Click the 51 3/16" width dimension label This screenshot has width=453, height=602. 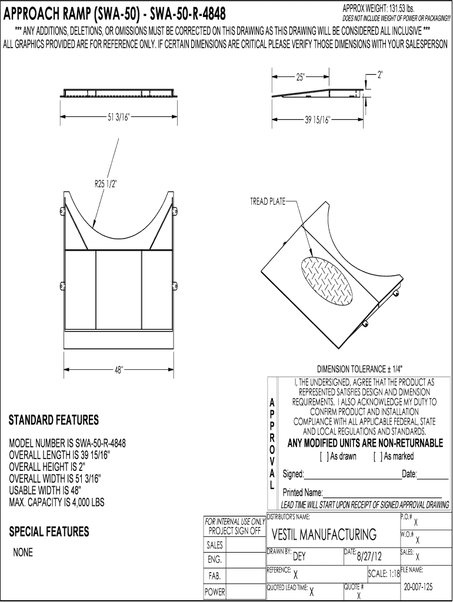coord(118,116)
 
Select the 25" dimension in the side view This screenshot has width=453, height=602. coord(301,77)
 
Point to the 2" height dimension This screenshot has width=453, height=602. coord(380,75)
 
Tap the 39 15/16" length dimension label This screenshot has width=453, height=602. coord(318,120)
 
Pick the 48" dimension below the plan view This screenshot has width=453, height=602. coord(119,370)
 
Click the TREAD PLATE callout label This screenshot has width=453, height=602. coord(267,202)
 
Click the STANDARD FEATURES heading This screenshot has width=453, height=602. coord(54,420)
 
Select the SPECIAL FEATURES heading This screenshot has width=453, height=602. coord(49,531)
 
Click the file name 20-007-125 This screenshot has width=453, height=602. coord(418,587)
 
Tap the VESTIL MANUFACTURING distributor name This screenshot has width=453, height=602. coord(324,535)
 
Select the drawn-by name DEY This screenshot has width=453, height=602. coord(299,557)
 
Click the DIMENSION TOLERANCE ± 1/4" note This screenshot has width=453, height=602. coord(359,369)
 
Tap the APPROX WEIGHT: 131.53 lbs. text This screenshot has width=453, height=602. coord(379,8)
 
